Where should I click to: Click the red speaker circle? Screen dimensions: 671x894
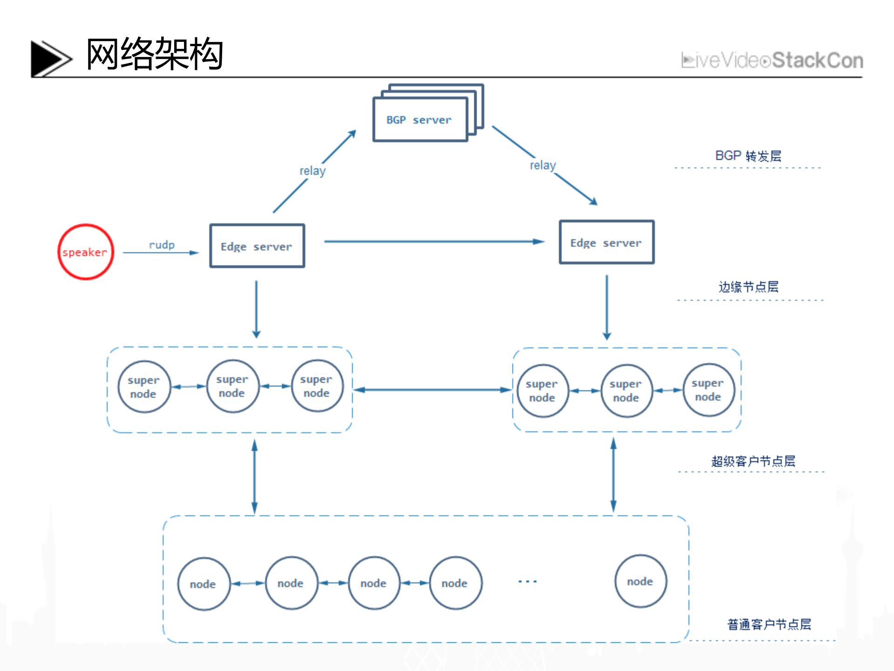pos(85,252)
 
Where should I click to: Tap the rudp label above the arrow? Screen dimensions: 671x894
pos(162,245)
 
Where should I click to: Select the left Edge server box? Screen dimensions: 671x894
pos(257,246)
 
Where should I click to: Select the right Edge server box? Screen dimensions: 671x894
pos(606,242)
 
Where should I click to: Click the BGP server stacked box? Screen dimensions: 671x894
pos(420,119)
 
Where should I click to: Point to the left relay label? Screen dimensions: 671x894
pos(312,171)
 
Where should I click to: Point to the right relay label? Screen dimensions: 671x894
pos(542,165)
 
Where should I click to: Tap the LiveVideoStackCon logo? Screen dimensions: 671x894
pos(771,61)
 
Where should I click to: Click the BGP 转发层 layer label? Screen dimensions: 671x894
pos(748,156)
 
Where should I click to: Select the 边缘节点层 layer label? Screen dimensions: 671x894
pos(748,287)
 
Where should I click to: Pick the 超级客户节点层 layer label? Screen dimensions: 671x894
pos(753,461)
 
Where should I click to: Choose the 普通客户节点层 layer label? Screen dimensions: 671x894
pos(769,624)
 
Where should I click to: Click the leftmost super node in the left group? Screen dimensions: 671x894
pos(143,387)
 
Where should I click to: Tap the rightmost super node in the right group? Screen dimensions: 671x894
pos(708,390)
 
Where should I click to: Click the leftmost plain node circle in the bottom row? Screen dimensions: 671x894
pos(203,584)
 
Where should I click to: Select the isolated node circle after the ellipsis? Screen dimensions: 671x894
pos(640,581)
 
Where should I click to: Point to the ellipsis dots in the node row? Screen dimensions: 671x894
pos(527,581)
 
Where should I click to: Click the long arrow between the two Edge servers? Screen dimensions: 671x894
pos(433,242)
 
